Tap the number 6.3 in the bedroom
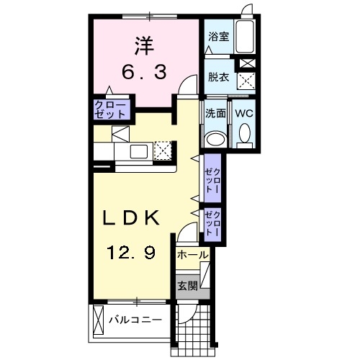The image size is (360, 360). (x=141, y=72)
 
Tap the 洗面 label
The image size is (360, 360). (x=215, y=113)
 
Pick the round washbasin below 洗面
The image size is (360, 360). (x=215, y=139)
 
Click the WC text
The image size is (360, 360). (x=243, y=113)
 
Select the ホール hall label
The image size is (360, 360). (x=192, y=255)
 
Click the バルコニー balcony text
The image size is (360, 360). (x=134, y=318)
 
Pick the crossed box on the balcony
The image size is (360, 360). (x=97, y=318)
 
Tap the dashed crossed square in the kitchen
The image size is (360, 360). (x=163, y=150)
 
